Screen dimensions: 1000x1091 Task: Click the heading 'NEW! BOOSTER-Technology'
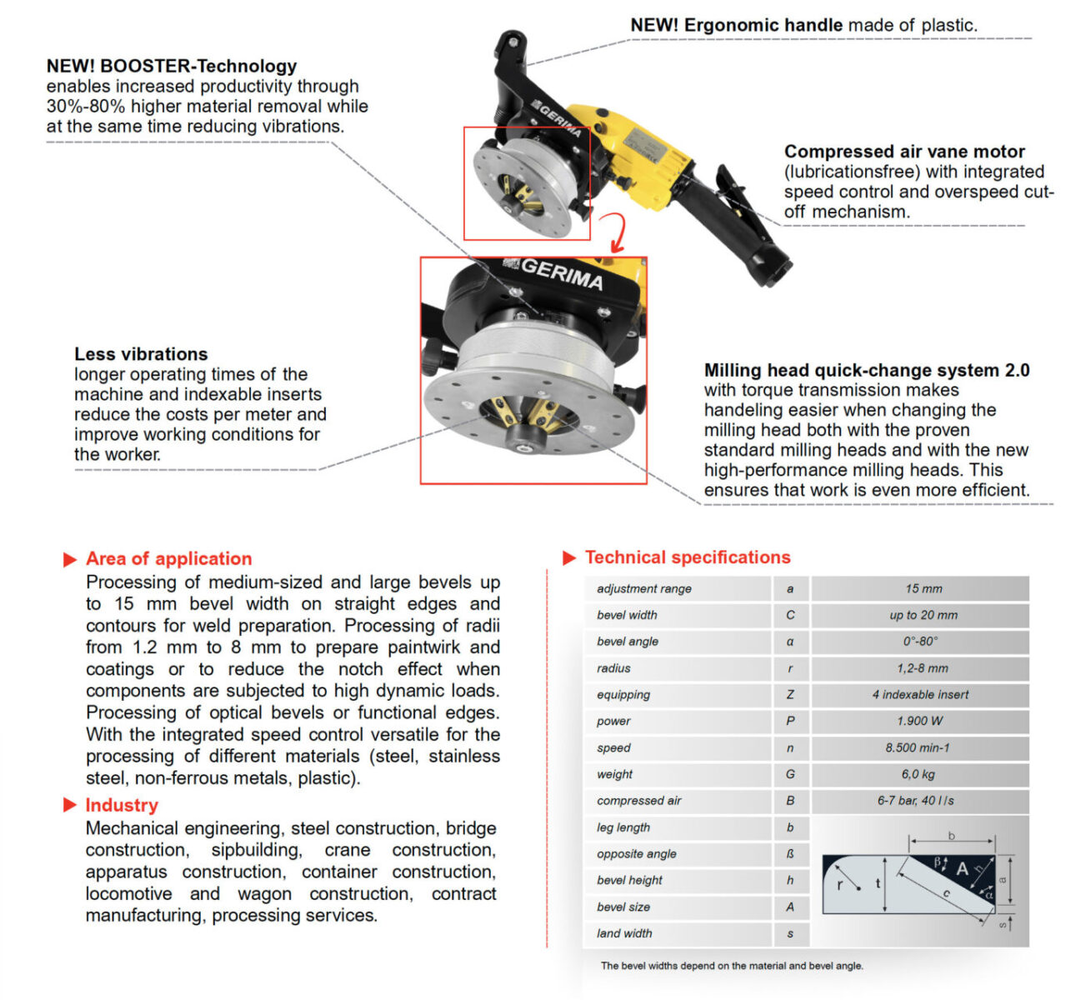point(172,66)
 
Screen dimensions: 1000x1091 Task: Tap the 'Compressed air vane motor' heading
point(904,152)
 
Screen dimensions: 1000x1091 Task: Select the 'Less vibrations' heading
point(141,354)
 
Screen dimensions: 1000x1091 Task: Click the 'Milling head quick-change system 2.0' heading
point(867,370)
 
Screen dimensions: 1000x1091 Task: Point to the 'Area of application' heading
point(168,559)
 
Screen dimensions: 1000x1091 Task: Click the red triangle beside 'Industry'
point(70,805)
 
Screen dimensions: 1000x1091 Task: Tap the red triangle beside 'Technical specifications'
point(570,557)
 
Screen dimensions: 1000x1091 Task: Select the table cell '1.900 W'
point(920,721)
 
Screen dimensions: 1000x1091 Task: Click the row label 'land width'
point(624,933)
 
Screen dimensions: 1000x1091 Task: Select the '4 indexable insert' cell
point(920,694)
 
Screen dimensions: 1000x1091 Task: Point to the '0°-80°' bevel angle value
point(920,642)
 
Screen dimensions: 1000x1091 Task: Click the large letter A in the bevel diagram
point(963,869)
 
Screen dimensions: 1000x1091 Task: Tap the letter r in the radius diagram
point(840,885)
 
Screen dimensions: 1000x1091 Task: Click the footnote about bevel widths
point(732,966)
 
